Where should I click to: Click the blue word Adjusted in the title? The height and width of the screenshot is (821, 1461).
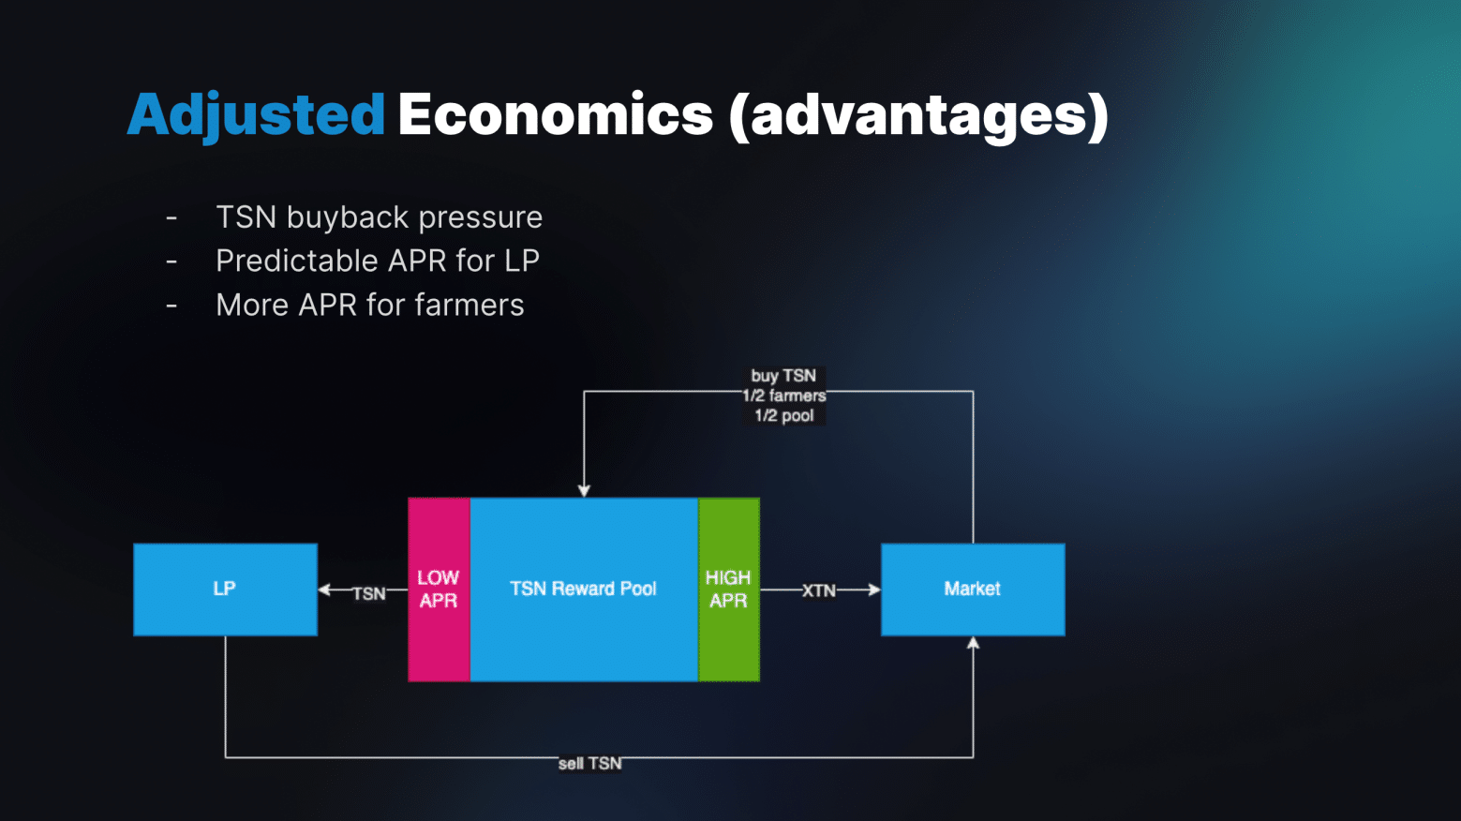tap(256, 116)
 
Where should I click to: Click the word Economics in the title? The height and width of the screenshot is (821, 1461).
tap(555, 114)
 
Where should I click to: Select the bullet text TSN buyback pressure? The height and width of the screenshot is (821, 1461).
tap(379, 217)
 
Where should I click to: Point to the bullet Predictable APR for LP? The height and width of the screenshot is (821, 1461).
tap(378, 261)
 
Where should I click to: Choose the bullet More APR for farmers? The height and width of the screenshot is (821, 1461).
tap(370, 306)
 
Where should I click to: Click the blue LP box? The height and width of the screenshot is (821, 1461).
tap(226, 590)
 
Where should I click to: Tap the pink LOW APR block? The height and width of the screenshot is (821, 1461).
tap(439, 590)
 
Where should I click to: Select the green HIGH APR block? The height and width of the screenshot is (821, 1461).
tap(728, 590)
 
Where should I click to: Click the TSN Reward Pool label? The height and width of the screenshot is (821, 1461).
tap(583, 589)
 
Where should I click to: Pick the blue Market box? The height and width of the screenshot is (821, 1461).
tap(973, 590)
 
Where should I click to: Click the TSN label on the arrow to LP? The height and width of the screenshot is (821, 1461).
tap(369, 593)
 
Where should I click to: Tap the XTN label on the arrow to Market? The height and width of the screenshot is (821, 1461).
tap(818, 590)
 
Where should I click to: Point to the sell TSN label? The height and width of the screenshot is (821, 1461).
tap(589, 764)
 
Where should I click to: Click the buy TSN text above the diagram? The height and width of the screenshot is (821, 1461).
tap(783, 376)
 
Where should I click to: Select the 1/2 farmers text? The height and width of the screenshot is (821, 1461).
tap(784, 396)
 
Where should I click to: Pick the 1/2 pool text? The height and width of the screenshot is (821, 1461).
tap(784, 416)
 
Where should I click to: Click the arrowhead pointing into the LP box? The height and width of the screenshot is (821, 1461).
tap(324, 590)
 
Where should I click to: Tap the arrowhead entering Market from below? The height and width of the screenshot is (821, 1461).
tap(973, 643)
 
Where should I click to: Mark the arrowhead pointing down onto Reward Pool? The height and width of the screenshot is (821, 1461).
tap(584, 491)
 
